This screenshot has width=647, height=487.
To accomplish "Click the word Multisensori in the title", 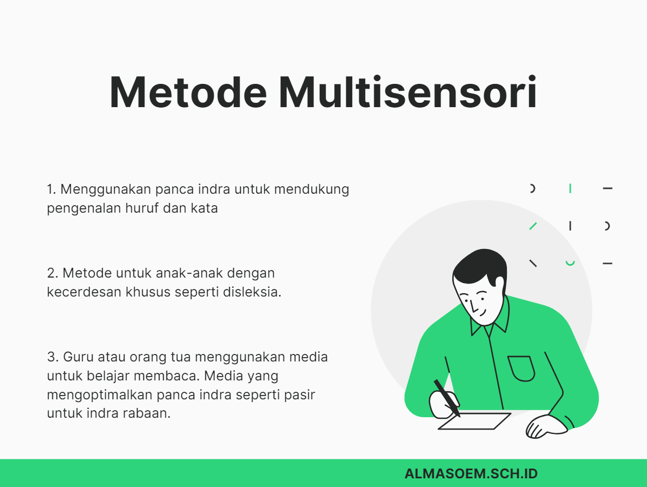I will tap(407, 93).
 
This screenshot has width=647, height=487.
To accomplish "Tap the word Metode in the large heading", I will tap(188, 93).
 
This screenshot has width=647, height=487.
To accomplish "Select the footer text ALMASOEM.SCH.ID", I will tap(471, 473).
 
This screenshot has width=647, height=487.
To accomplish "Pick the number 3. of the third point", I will tap(52, 357).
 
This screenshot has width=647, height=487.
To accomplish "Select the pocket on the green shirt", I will tap(521, 368).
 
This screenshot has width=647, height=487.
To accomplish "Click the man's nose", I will tap(474, 308).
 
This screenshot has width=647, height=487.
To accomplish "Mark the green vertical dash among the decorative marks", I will tap(570, 188).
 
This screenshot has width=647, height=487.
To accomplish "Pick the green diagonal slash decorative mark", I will tap(533, 226).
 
